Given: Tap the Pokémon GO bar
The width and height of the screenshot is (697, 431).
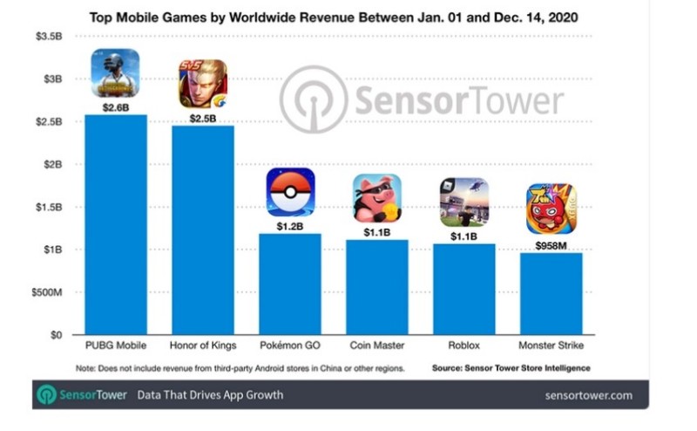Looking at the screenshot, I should coord(290,284).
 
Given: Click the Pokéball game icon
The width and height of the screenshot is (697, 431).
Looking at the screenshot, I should coord(290,192).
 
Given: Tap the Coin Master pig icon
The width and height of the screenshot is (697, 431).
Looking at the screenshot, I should coord(377,198).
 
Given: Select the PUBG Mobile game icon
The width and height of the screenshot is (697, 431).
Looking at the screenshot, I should coord(116,73).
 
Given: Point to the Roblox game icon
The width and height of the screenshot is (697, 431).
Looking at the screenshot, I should coord(464,202).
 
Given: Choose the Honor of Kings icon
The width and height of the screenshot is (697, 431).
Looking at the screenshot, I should coord(203,84).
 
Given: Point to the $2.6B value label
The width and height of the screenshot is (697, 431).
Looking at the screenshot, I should coord(116,106).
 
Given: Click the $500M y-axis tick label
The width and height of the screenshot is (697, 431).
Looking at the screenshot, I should coord(44,292).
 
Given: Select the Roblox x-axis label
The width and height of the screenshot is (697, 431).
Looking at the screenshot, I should coord(464,347).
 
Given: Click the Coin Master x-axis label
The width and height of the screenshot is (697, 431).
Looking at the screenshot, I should coord(377,347).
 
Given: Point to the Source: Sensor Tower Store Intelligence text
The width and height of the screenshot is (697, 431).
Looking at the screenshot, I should coord(511,368).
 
